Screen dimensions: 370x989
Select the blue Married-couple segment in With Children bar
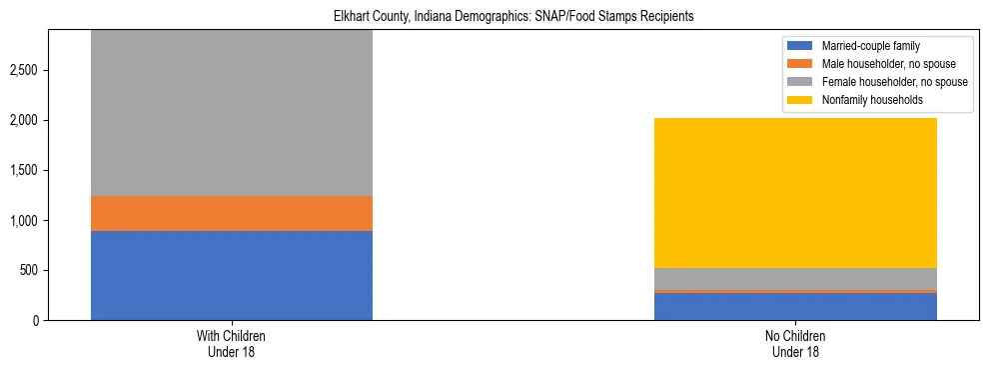pos(232,275)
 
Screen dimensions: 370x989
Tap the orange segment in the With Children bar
pos(232,213)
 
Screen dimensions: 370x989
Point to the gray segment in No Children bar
pos(795,279)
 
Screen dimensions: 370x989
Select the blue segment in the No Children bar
pos(795,306)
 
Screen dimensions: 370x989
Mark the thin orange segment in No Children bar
pos(795,291)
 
